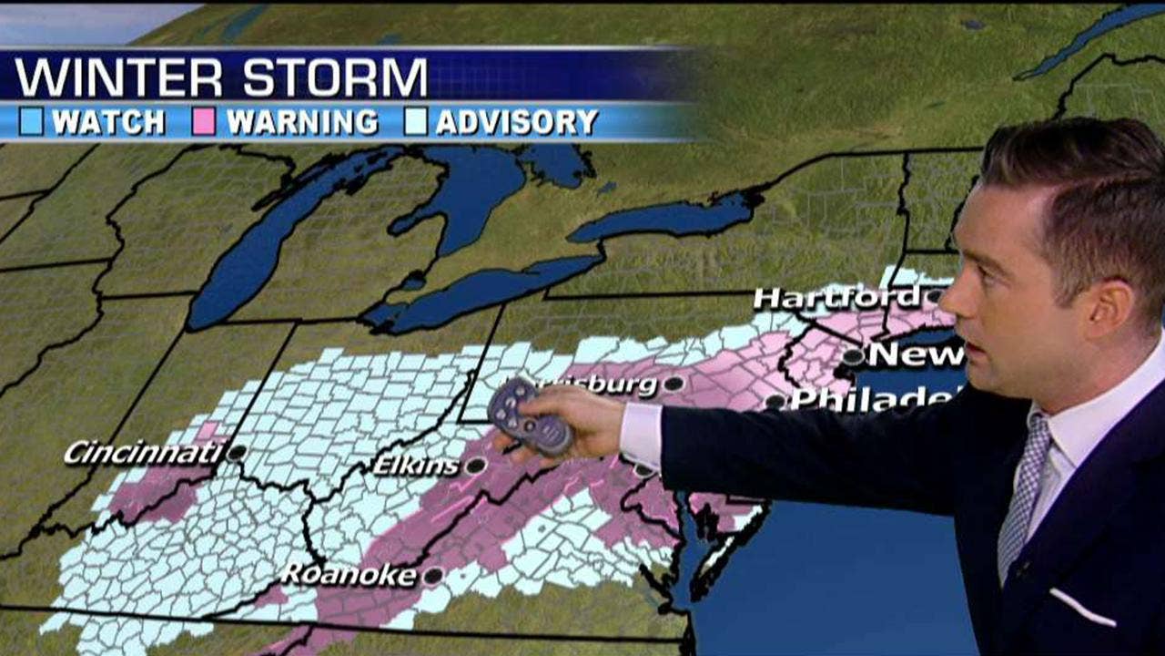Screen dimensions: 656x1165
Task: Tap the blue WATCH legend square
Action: (x=31, y=122)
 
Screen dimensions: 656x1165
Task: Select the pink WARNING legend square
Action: (x=204, y=122)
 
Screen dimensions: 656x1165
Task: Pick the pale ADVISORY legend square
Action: (x=416, y=122)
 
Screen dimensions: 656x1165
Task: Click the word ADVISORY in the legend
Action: (x=516, y=122)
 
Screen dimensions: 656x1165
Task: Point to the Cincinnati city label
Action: (x=144, y=451)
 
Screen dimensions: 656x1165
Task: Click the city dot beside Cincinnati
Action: (x=237, y=452)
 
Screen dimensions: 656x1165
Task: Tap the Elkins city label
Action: (x=416, y=466)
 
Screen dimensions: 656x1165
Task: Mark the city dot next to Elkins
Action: (x=475, y=466)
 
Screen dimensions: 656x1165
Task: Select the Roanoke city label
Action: (x=349, y=575)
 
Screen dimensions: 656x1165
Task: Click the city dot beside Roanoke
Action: (x=432, y=576)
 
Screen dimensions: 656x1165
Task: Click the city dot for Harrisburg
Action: (x=674, y=384)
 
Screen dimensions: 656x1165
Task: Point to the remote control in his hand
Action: (x=531, y=416)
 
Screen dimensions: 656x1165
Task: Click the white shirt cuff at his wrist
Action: (x=642, y=435)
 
